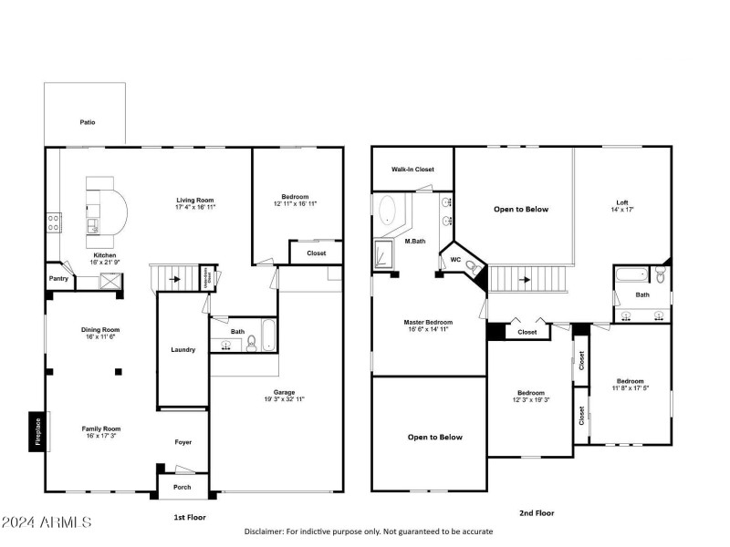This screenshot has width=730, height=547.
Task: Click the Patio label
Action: (x=87, y=122)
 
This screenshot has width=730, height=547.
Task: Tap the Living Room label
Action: (x=194, y=199)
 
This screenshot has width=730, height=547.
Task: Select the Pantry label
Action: (x=58, y=278)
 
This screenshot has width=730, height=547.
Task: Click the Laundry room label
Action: (x=182, y=349)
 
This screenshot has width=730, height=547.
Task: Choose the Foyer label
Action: (x=183, y=442)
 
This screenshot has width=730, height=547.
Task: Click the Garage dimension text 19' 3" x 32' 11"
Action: (x=277, y=399)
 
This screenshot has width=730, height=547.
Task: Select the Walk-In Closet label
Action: (x=412, y=169)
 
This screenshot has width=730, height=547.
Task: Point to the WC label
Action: (x=454, y=260)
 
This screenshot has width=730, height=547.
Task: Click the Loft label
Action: (x=622, y=202)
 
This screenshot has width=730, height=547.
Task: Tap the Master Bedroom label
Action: (x=428, y=322)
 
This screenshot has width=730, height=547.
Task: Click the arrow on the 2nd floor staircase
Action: (x=525, y=280)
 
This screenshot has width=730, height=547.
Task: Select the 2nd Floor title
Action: (x=536, y=513)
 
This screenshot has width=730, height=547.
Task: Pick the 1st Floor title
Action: (x=191, y=517)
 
